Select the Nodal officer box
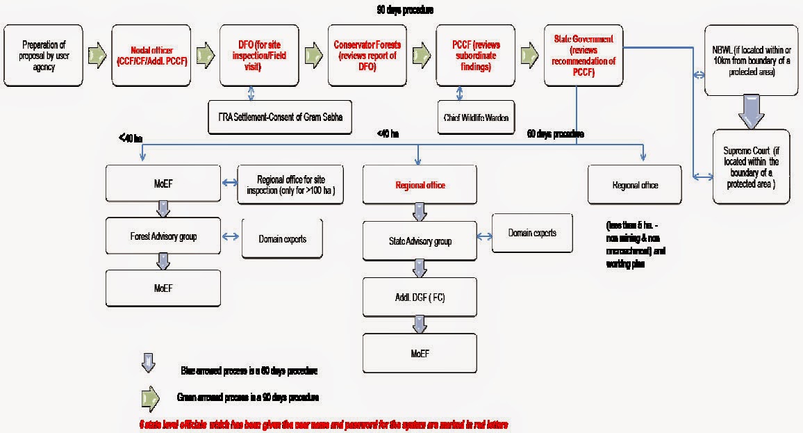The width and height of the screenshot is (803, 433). (151, 56)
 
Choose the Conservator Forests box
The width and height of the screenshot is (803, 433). (367, 56)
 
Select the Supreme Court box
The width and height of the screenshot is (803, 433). (752, 167)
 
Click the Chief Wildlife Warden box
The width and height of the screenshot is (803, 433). (475, 117)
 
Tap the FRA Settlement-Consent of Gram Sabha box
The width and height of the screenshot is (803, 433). (280, 117)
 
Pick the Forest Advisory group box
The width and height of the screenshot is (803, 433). (163, 236)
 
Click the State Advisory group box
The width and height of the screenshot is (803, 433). (420, 240)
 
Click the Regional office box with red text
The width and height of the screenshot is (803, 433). (420, 185)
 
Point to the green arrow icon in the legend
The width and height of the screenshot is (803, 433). (149, 398)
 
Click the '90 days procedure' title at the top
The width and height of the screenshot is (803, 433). (405, 10)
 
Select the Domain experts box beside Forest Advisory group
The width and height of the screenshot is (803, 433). (282, 239)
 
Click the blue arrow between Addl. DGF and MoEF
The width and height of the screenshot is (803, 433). (420, 323)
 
